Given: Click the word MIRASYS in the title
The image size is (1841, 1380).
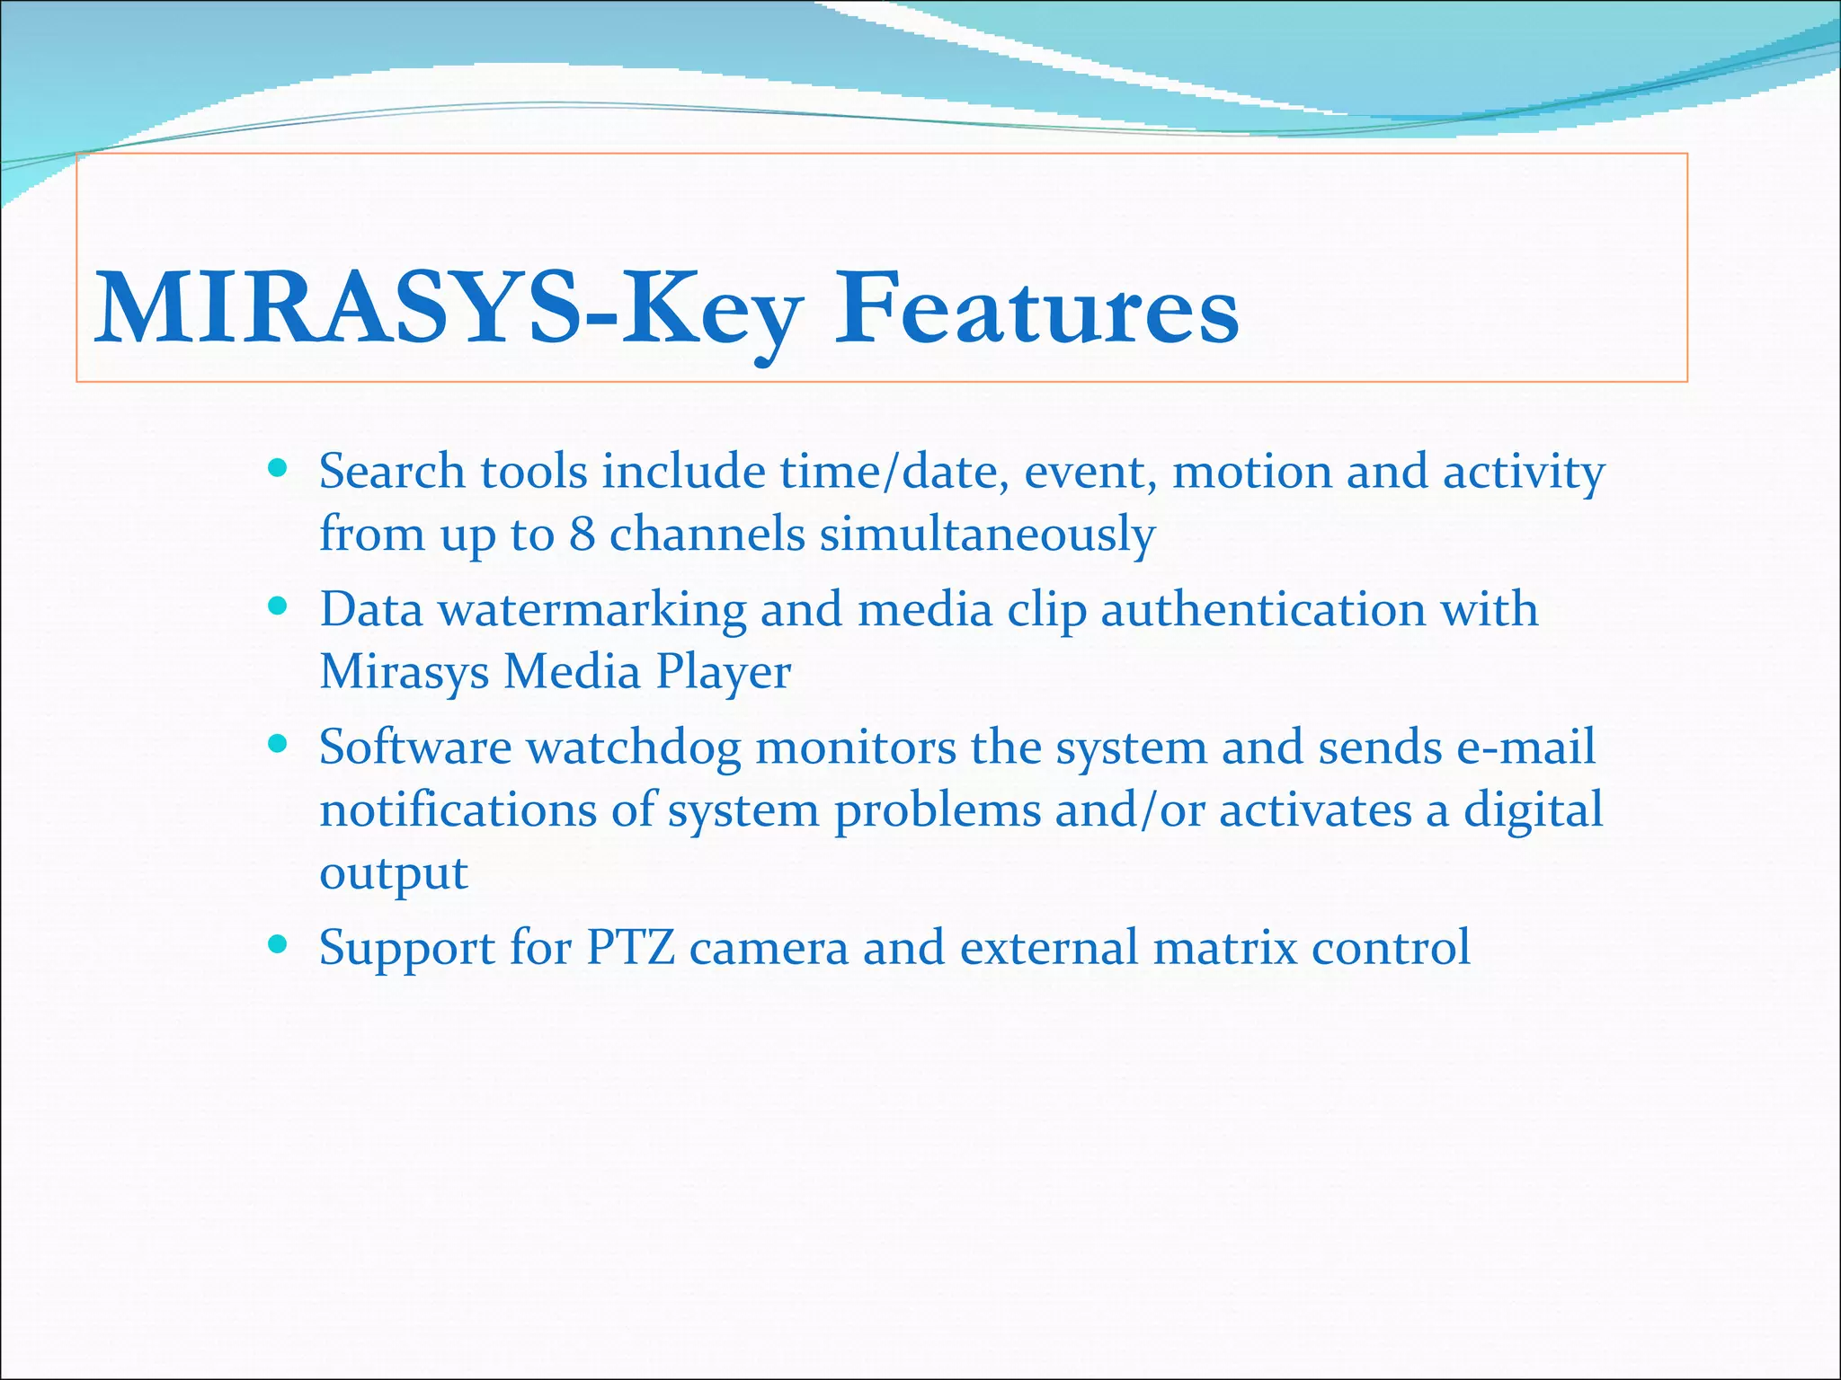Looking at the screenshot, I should click(x=337, y=310).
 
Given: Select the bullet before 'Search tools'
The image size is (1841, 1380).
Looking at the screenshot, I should click(x=278, y=468).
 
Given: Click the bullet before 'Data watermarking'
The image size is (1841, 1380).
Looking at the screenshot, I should click(x=278, y=606).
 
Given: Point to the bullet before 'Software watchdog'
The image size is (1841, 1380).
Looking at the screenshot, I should click(x=278, y=744).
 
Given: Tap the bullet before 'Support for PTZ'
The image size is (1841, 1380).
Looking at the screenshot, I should click(x=278, y=944).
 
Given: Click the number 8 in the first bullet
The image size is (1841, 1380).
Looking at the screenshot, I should click(x=582, y=534).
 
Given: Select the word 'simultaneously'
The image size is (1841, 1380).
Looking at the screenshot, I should click(x=986, y=535).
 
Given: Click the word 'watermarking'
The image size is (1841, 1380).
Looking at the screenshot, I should click(x=591, y=611).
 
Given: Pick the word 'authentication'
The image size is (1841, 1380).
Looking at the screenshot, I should click(x=1263, y=611).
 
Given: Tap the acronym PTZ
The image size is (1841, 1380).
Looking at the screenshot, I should click(x=630, y=948).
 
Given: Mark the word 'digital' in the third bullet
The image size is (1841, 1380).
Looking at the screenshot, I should click(x=1533, y=810).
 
